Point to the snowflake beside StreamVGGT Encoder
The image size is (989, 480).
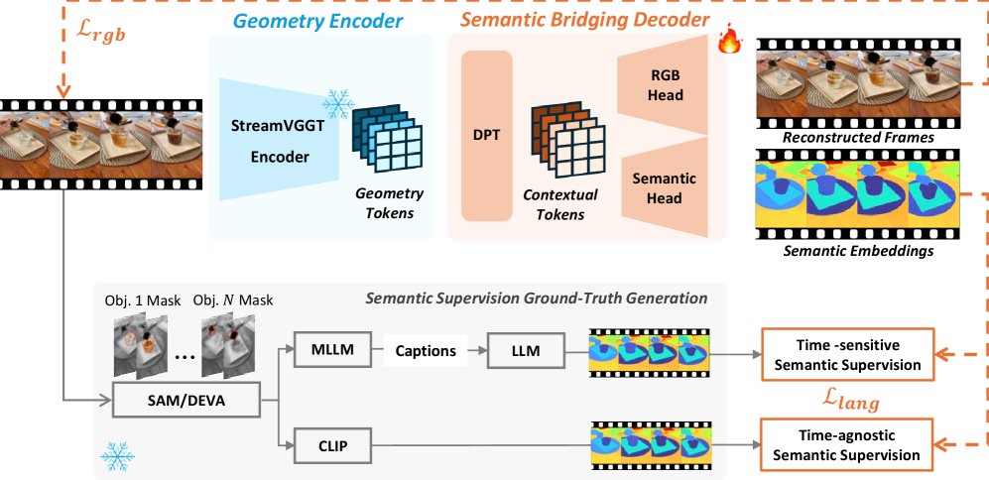[x=340, y=103]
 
